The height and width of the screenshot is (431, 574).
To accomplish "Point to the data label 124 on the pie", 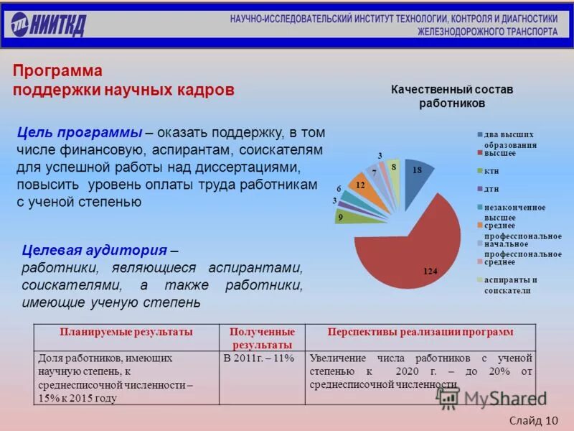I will point(430,271).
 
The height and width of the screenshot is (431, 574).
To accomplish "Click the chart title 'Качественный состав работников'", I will point(452,96).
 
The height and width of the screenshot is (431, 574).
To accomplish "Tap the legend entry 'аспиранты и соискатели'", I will point(512,284).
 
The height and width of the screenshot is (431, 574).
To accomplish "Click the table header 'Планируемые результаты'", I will point(126,332).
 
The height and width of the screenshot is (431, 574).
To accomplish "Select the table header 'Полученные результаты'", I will point(262,338).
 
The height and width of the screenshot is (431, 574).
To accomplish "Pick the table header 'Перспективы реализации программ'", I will point(420,332).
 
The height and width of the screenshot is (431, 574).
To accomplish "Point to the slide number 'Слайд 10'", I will point(535,420).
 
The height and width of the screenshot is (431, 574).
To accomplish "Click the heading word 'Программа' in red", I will point(57,71).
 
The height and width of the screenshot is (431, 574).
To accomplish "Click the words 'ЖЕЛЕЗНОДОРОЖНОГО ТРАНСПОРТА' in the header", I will point(487,32).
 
